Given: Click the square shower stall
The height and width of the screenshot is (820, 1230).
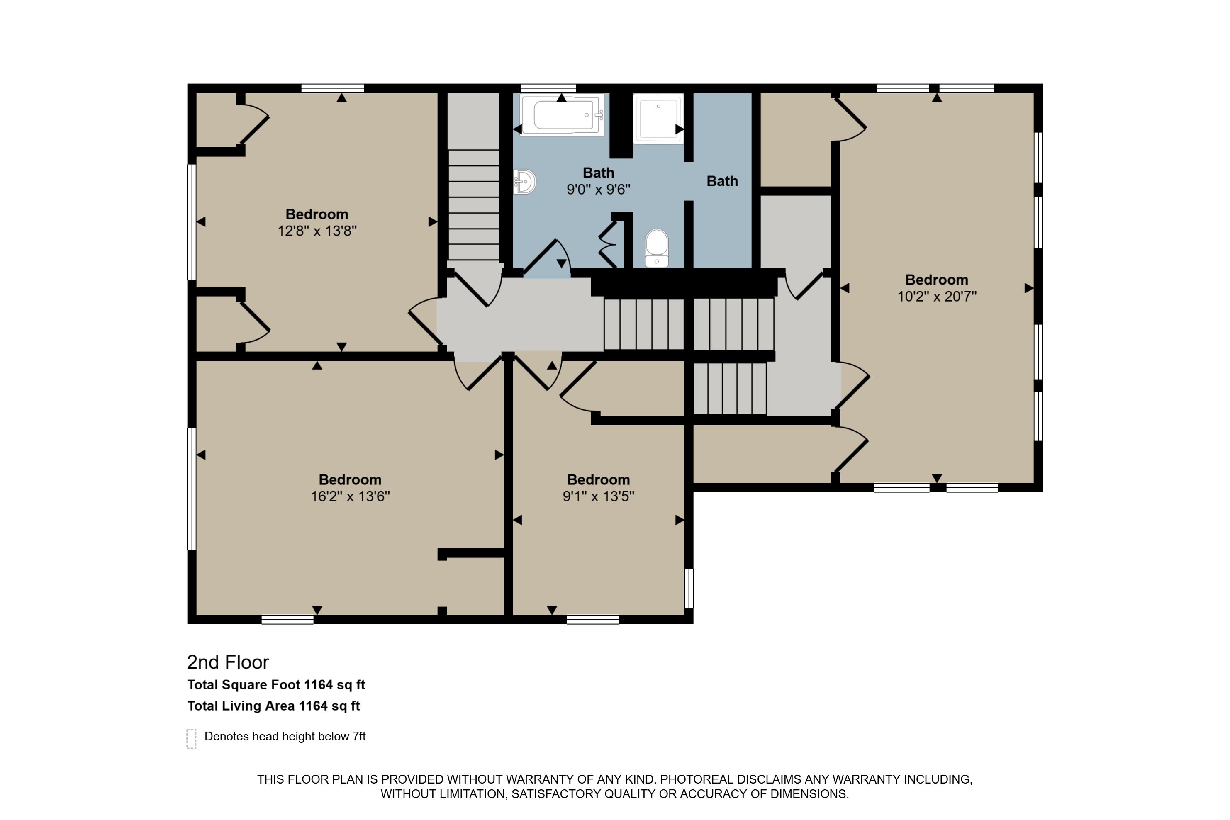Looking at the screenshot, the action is click(x=658, y=119).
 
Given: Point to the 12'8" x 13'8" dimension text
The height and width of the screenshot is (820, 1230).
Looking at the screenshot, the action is click(x=317, y=231).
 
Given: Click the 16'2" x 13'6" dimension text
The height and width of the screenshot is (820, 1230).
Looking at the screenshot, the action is click(x=351, y=496).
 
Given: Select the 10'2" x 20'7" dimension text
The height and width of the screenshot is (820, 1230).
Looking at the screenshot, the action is click(x=937, y=297).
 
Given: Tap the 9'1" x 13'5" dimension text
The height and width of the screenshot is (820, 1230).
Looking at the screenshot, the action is click(x=598, y=496).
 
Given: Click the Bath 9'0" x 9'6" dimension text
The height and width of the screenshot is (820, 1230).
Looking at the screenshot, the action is click(x=598, y=189).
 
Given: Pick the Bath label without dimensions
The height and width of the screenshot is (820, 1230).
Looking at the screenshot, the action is click(x=722, y=182).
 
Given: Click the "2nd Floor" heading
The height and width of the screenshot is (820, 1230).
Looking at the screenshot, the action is click(x=228, y=662).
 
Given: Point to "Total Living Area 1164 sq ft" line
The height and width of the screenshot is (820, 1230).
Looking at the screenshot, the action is click(x=273, y=706).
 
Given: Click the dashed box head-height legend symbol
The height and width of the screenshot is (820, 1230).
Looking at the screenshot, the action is click(x=191, y=739).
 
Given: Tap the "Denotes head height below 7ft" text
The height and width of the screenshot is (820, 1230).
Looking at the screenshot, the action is click(x=285, y=736).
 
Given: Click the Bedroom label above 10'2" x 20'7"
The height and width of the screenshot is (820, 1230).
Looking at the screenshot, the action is click(x=937, y=280).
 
